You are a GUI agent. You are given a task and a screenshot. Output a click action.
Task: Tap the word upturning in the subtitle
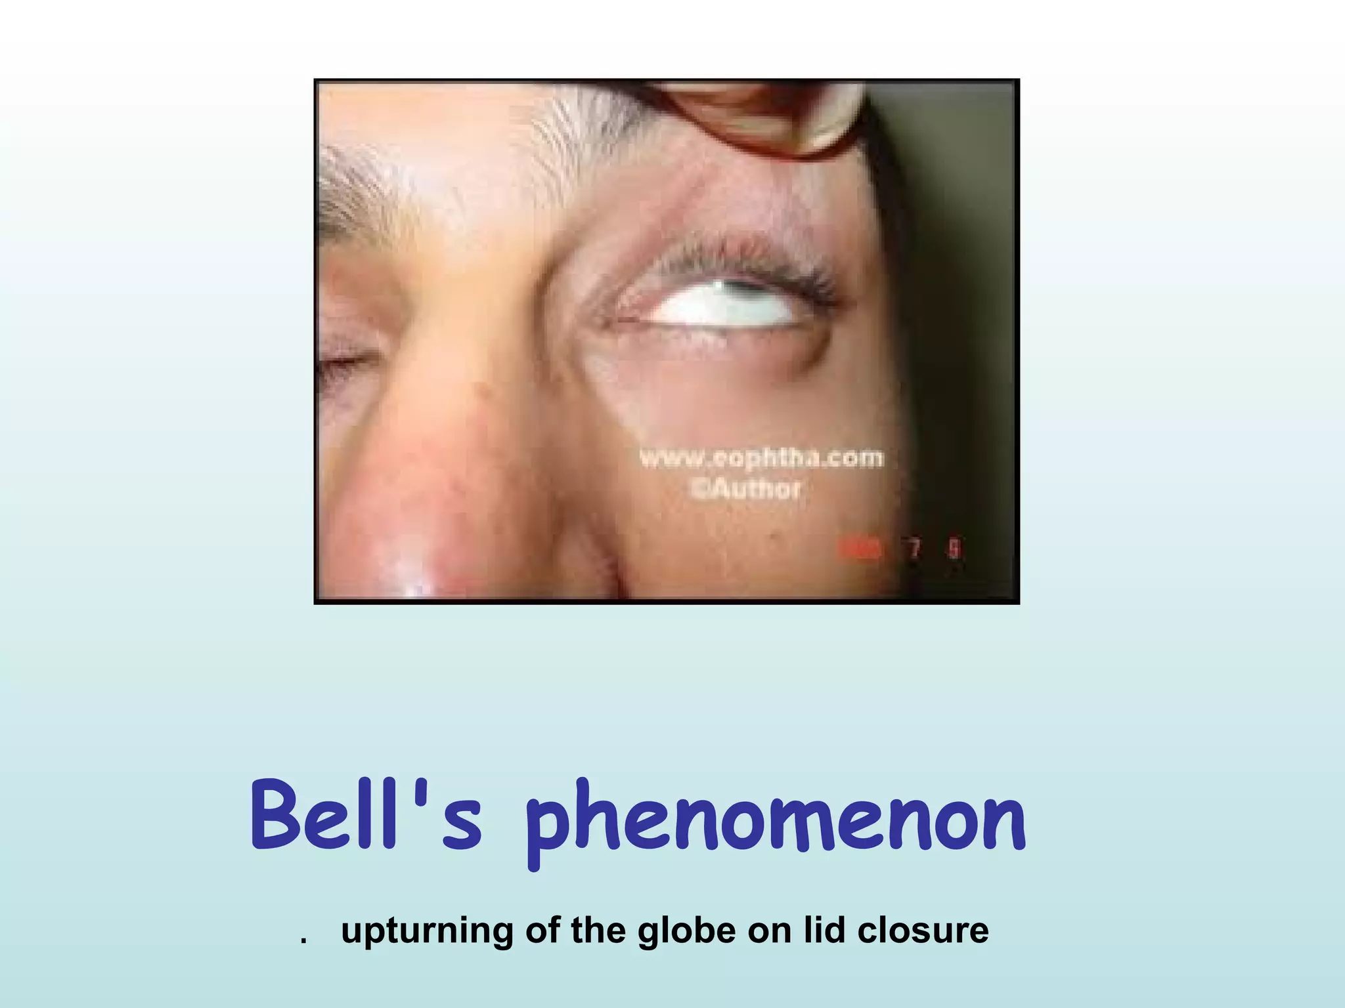[x=426, y=931]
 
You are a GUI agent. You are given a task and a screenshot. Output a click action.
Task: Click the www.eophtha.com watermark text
[x=761, y=457]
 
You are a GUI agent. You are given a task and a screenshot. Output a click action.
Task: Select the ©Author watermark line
[x=744, y=489]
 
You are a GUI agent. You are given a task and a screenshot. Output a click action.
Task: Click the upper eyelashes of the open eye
[x=736, y=259]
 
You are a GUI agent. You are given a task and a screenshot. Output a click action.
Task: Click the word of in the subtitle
[x=542, y=931]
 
